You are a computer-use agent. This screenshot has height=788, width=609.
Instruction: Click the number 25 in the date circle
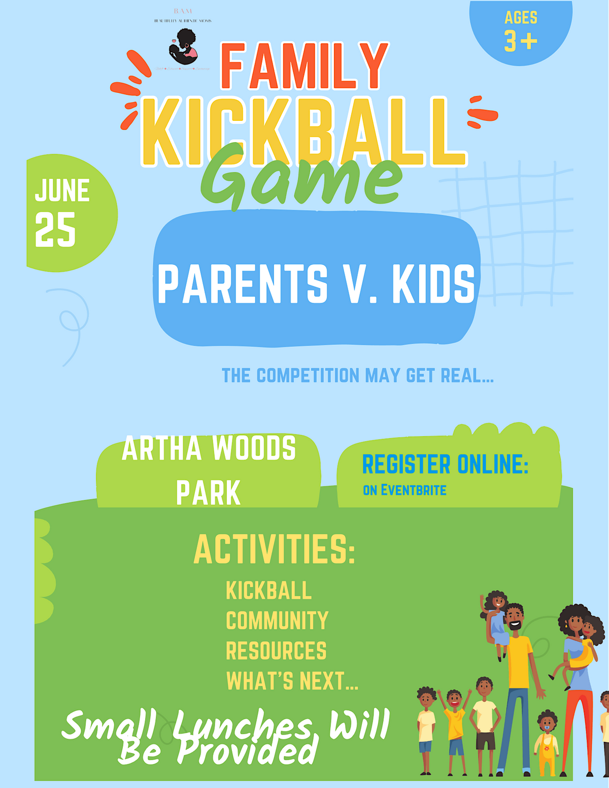(55, 230)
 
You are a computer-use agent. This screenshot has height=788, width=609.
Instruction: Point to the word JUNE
(62, 191)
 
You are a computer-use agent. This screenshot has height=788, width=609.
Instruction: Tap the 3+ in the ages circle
(521, 41)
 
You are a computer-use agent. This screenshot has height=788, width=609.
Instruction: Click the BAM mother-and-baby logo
(183, 47)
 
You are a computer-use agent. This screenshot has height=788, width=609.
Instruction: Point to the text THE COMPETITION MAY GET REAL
(357, 376)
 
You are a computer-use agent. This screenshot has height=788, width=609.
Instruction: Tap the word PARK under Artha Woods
(208, 492)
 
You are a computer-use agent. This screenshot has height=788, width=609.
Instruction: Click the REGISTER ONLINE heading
(445, 464)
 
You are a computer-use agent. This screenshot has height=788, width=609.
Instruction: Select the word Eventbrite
(414, 490)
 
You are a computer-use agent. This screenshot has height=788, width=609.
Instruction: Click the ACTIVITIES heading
(274, 549)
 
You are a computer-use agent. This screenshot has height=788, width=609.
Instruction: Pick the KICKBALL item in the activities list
(268, 591)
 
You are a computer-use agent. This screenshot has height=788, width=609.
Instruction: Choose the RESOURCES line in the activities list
(276, 651)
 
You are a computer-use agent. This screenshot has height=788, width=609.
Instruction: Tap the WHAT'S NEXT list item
(292, 681)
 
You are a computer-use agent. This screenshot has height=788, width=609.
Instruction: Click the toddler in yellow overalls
(547, 744)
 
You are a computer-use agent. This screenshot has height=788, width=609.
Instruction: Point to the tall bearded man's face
(515, 618)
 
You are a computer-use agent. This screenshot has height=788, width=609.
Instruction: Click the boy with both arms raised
(455, 721)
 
